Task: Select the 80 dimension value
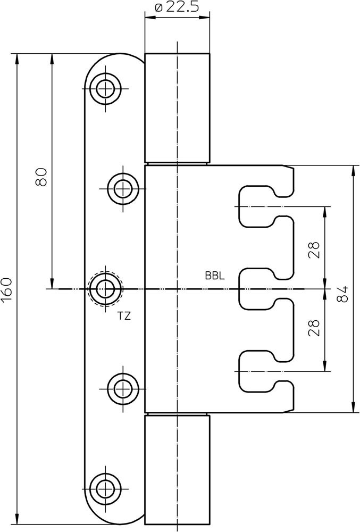pos(41,176)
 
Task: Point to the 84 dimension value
pos(343,294)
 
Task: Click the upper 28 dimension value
pos(314,249)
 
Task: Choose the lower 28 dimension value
pos(314,327)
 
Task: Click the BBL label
pos(215,276)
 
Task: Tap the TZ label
pos(124,315)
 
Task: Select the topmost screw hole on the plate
pos(105,87)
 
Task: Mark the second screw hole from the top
pos(123,188)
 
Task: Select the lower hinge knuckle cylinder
pos(177,469)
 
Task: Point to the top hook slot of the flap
pos(263,205)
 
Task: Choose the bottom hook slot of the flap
pos(263,371)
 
